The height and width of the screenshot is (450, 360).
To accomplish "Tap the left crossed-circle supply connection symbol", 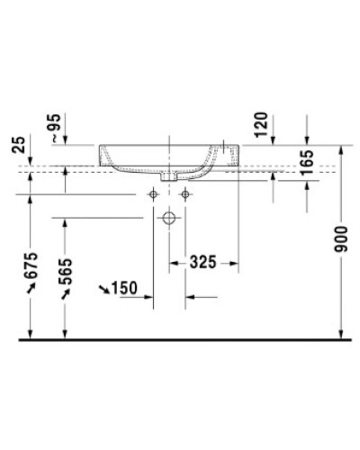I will (x=153, y=194).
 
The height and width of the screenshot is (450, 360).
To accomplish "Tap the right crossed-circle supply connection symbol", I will (x=185, y=194).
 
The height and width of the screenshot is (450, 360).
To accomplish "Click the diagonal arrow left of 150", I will (x=107, y=288).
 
